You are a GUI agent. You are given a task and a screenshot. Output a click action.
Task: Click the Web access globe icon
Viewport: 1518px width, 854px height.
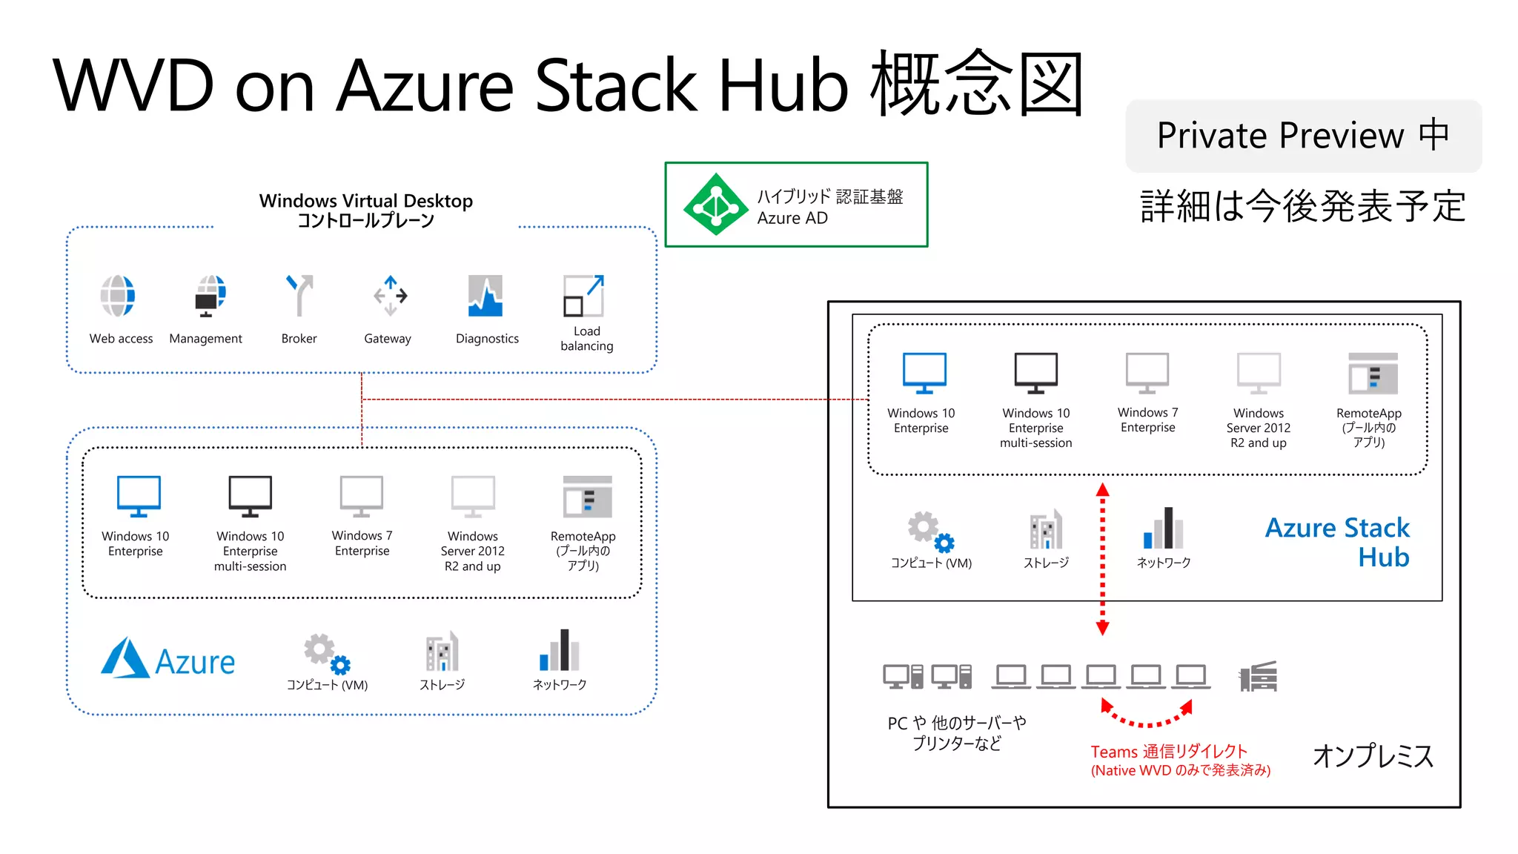click(x=119, y=296)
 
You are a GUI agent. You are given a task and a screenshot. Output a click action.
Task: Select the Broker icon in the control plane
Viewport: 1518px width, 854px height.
click(x=299, y=295)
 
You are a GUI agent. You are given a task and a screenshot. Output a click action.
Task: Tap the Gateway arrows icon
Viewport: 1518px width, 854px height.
click(x=390, y=296)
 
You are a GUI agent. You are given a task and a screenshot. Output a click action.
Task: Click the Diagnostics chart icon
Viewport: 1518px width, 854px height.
click(x=485, y=296)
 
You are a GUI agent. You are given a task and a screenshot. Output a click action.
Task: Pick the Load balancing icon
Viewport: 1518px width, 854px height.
click(x=584, y=296)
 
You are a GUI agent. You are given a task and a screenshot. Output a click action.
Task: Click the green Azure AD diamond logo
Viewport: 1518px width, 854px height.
click(x=715, y=205)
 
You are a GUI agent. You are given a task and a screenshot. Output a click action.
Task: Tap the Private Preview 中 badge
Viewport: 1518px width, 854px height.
click(x=1303, y=136)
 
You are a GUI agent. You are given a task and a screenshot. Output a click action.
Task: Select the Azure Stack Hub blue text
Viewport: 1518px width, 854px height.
click(x=1338, y=542)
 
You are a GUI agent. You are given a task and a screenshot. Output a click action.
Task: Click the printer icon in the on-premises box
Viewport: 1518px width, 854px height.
click(x=1259, y=676)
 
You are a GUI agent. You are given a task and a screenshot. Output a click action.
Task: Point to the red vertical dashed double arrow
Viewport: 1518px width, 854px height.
click(x=1102, y=559)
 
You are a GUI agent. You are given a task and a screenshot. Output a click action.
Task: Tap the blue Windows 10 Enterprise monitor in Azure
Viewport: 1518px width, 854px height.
click(x=139, y=496)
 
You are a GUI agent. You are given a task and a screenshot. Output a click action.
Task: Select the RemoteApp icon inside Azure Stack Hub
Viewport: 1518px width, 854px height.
click(x=1373, y=374)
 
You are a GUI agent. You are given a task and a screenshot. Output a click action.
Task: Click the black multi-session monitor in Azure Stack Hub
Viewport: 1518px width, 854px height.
click(x=1035, y=373)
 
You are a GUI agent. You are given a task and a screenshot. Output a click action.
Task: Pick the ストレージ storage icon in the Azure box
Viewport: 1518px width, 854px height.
click(x=442, y=652)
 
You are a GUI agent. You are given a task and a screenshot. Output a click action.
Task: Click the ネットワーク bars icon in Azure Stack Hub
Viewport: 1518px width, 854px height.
click(x=1163, y=528)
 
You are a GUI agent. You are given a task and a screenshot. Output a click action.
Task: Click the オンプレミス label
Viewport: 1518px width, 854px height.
click(x=1373, y=756)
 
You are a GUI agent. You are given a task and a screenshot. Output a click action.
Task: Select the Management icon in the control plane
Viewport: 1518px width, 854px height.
click(x=210, y=296)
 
